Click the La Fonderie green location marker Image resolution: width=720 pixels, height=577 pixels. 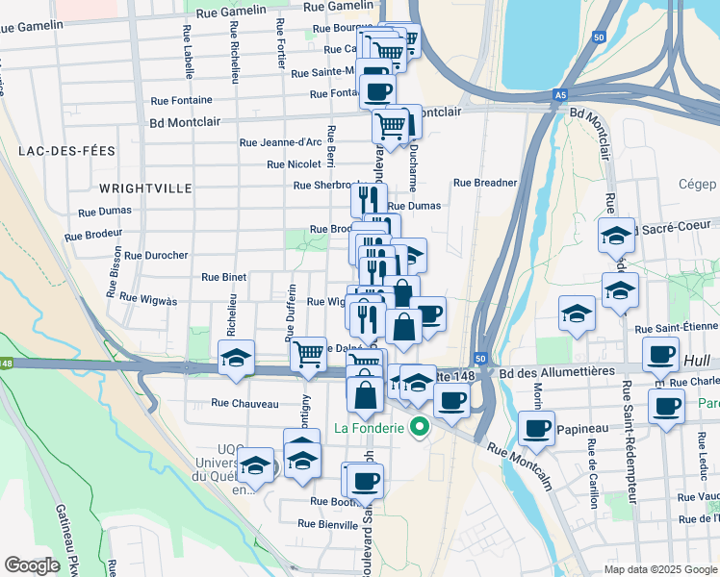tap(419, 426)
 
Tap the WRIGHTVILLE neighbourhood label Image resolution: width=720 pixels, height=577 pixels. tap(145, 188)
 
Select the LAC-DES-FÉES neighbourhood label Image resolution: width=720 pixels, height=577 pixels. tap(66, 151)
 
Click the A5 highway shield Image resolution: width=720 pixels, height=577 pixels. tap(560, 95)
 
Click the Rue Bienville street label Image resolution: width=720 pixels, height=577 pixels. tap(327, 524)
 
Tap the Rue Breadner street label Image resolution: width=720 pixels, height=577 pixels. tap(485, 183)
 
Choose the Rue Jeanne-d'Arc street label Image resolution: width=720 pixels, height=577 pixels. tap(280, 142)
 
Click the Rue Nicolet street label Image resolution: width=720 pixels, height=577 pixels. tap(294, 164)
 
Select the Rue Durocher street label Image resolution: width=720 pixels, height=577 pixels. tap(155, 255)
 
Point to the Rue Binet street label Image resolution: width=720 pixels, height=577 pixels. tap(224, 277)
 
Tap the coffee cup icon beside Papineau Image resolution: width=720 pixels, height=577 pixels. tap(536, 428)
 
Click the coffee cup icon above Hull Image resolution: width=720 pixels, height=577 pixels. tap(661, 356)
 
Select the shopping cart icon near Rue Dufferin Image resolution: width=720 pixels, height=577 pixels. tap(309, 354)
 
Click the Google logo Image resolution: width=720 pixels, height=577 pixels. tap(33, 565)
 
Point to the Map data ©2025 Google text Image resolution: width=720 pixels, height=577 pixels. tap(658, 569)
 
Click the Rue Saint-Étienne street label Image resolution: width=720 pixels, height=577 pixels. tap(677, 329)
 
